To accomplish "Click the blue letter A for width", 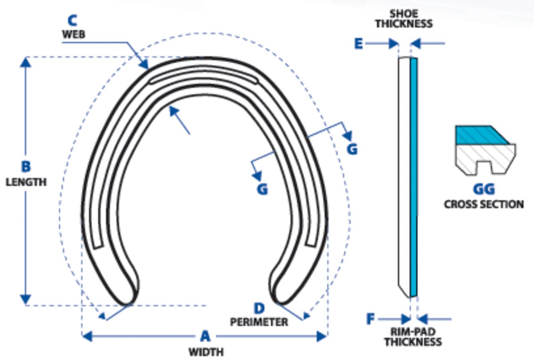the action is coord(205,336).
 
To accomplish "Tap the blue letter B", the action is coord(26,166).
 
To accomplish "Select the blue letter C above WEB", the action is coord(73,20).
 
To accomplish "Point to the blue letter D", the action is coord(259,308).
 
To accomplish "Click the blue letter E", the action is coord(359,44).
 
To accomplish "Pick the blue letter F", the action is coord(370,319).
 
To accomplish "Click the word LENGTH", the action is coord(26,182).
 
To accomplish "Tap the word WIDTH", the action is coord(206,352).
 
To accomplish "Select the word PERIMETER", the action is coord(259,322).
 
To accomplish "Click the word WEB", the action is coord(74,34).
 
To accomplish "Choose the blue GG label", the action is coord(484,189).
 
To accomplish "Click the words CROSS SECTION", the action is coord(484,205).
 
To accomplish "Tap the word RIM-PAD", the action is coord(413,332).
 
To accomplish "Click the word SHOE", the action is coord(404,14).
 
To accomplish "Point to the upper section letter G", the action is coord(352,149).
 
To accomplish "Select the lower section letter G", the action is coord(262,190).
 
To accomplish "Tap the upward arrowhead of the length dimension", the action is coord(26,62).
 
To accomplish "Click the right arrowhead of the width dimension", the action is coord(322,336).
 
